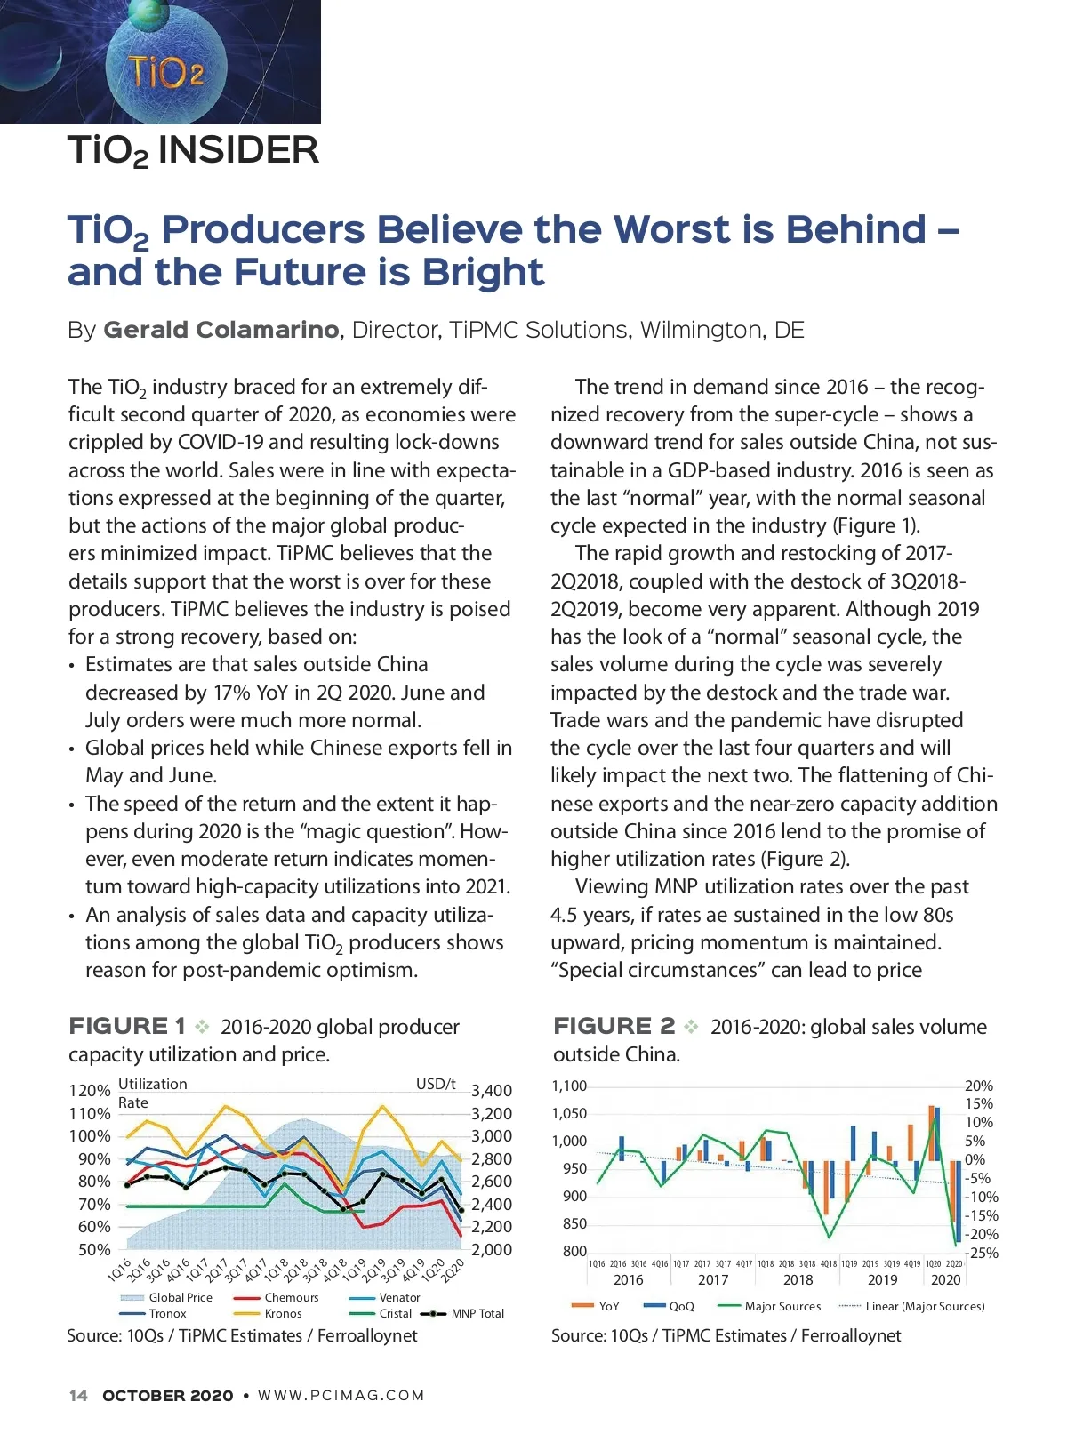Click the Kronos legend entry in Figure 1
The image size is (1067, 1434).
(283, 1313)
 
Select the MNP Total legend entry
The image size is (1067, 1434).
(477, 1313)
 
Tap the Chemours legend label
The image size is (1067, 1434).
(291, 1297)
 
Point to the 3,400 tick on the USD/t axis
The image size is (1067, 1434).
(492, 1091)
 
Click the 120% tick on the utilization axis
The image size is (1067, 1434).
(89, 1091)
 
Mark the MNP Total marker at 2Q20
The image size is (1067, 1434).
(461, 1211)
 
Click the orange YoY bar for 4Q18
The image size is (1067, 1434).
(826, 1188)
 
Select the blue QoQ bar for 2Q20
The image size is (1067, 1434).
(959, 1201)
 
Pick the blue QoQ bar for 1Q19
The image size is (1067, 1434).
(853, 1143)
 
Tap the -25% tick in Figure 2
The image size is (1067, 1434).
(982, 1253)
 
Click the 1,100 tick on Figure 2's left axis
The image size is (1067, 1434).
(569, 1086)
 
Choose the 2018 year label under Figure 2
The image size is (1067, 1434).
(798, 1279)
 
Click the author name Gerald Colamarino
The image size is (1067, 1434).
(221, 330)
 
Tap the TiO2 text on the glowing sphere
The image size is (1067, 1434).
(165, 71)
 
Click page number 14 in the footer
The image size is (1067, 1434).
(78, 1395)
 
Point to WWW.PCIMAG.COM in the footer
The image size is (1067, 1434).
(341, 1395)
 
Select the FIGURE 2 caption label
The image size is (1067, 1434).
(614, 1026)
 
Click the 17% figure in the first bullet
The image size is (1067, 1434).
(230, 693)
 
